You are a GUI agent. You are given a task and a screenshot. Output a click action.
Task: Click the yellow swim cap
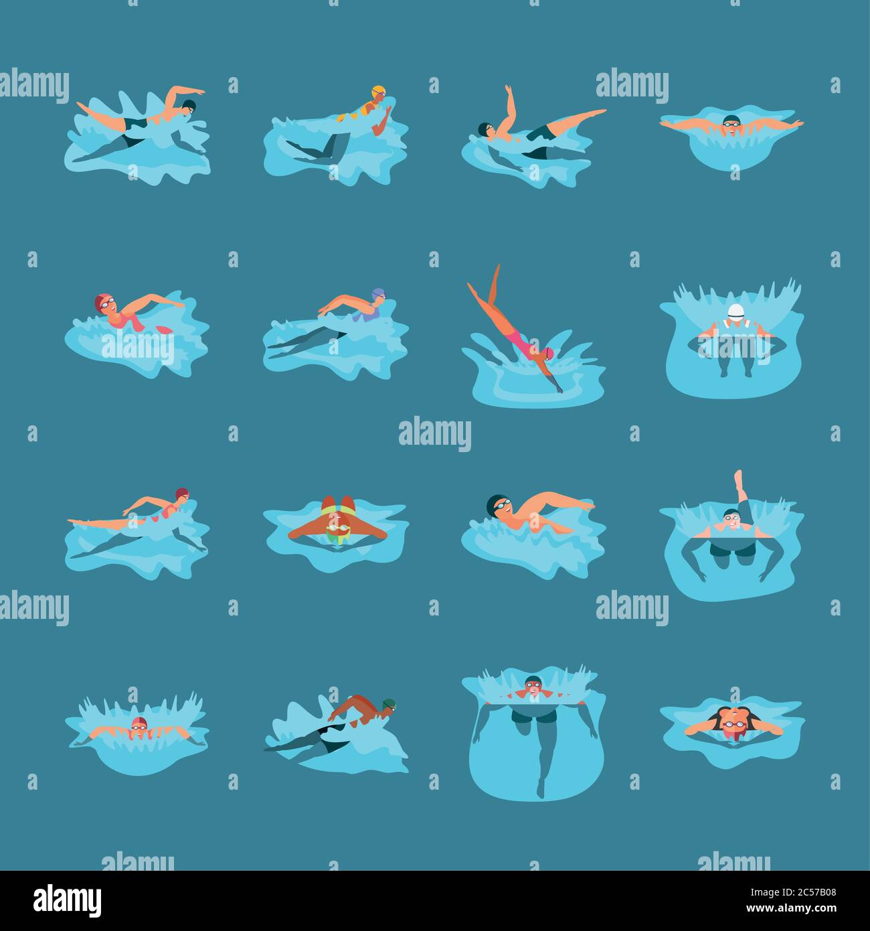[379, 90]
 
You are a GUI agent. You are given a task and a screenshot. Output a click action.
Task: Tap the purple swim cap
[378, 294]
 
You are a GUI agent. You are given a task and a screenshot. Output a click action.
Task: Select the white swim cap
[735, 311]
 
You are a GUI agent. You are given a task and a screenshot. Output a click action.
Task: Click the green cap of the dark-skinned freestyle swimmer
[388, 703]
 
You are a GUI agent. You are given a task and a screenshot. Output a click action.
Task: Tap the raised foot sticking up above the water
[738, 476]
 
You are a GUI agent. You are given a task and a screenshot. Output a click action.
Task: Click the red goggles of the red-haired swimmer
[734, 724]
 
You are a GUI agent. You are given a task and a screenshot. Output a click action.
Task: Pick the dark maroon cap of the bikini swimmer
[181, 493]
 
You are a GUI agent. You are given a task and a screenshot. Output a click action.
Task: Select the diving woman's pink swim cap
[549, 352]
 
